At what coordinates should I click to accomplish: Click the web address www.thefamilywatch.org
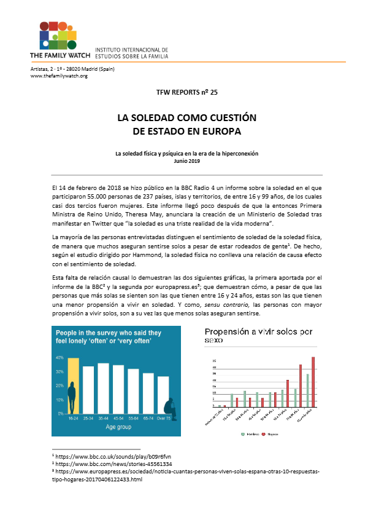point(59,75)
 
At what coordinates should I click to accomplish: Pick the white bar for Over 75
point(163,387)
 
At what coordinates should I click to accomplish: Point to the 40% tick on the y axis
point(60,357)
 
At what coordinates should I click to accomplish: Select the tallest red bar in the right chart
point(313,382)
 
